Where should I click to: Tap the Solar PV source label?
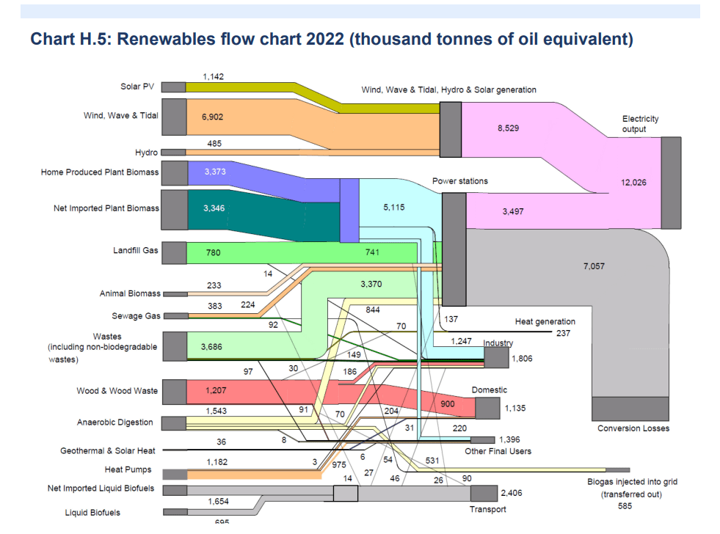coord(137,87)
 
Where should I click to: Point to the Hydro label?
coord(146,153)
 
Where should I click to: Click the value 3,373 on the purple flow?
coord(214,172)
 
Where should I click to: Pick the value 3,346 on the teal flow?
coord(214,208)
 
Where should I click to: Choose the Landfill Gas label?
coord(136,251)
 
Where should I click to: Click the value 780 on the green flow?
coord(213,253)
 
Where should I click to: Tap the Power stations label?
coord(459,181)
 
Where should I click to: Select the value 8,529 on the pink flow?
coord(508,128)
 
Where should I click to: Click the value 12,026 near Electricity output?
coord(634,183)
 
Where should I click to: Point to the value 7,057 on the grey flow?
coord(594,266)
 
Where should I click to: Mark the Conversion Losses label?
coord(633,428)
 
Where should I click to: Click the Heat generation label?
coord(545,321)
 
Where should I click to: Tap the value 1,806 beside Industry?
coord(521,359)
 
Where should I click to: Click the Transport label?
coord(487,509)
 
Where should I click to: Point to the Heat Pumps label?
coord(128,469)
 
